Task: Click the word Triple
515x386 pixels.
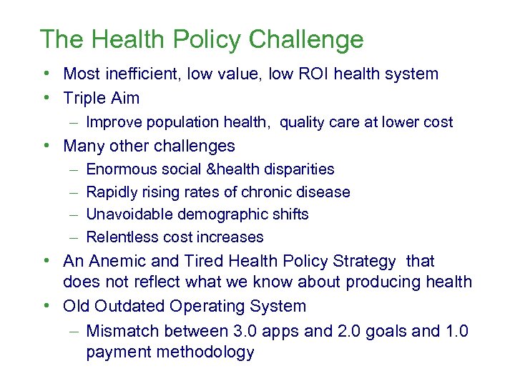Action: (x=84, y=98)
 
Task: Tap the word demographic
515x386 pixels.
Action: (x=216, y=214)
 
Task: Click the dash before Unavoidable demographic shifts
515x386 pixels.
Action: (x=75, y=214)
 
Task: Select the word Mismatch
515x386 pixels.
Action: (x=122, y=330)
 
